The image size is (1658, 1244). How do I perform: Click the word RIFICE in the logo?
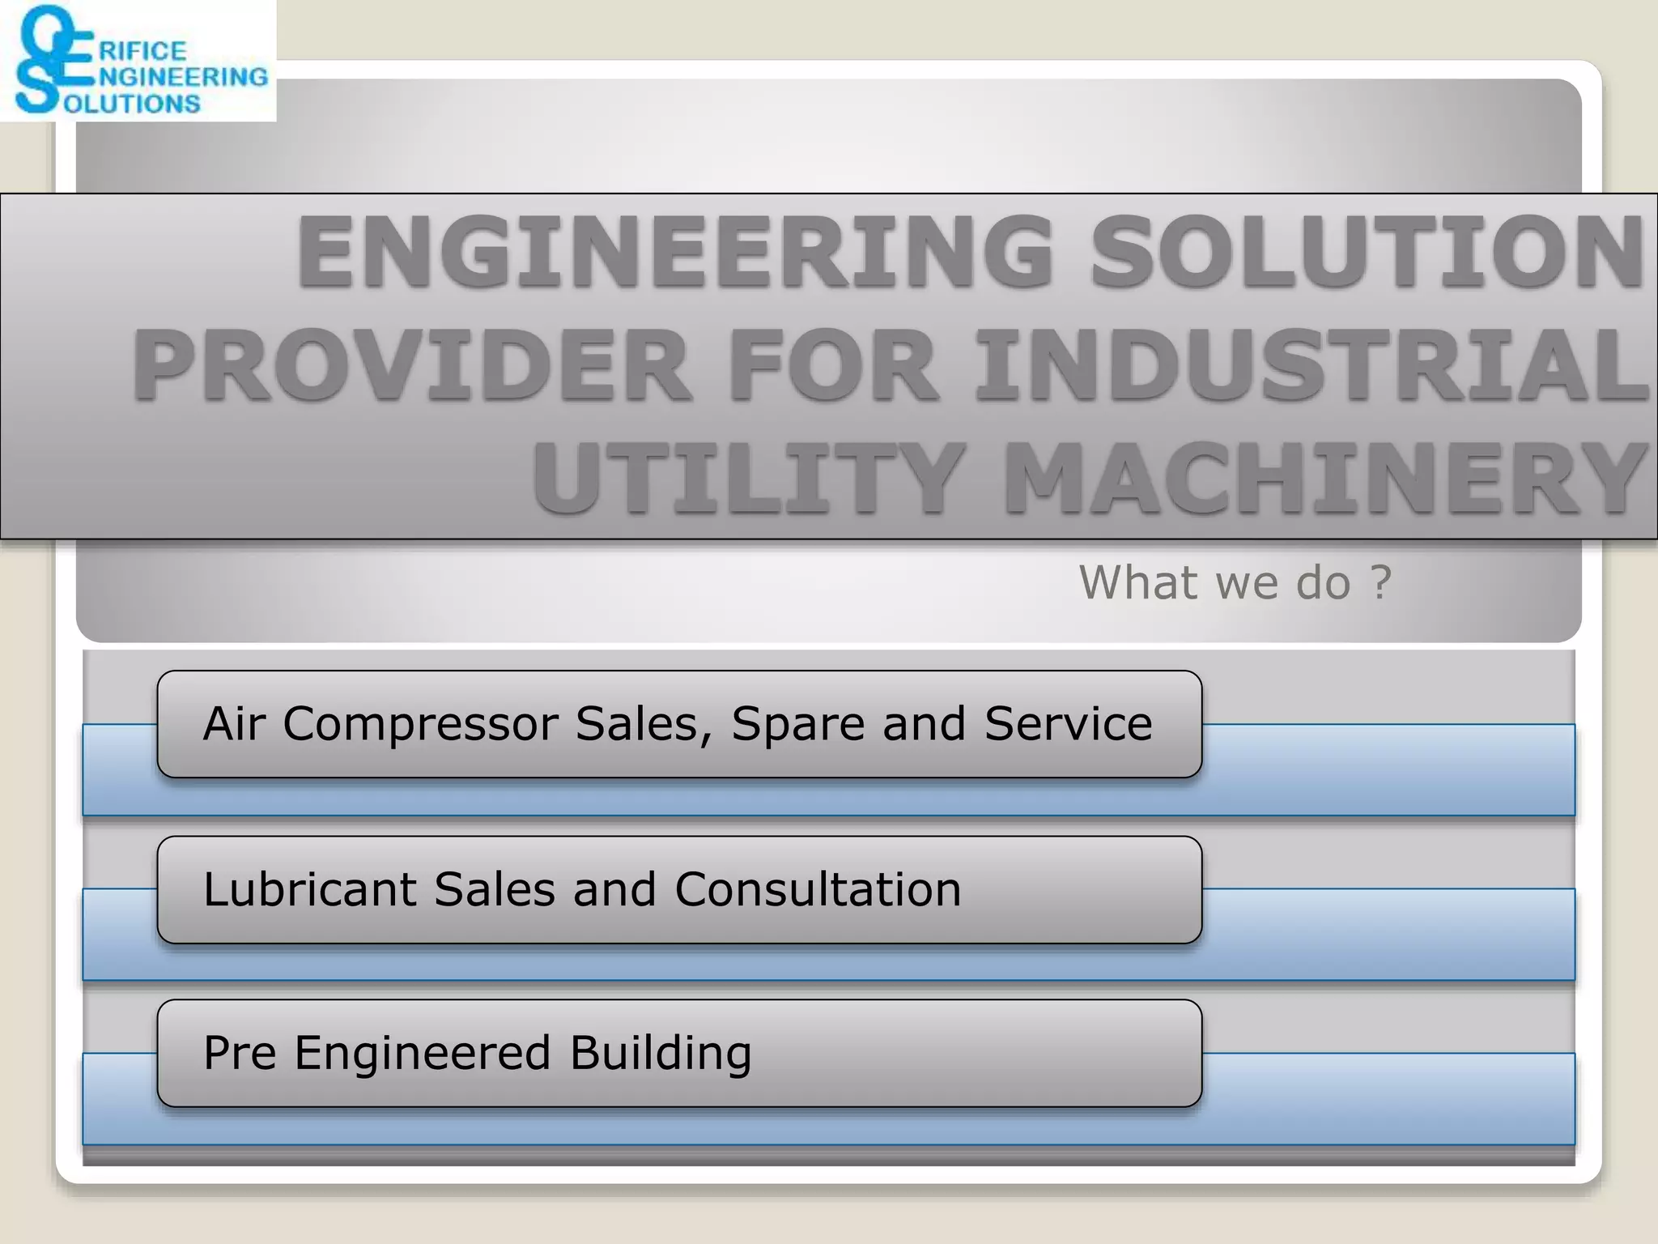[x=142, y=51]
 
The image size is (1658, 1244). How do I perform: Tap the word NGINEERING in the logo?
[x=183, y=77]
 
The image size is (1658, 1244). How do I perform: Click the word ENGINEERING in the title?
[x=675, y=253]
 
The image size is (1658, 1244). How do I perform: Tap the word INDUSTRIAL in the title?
[x=1312, y=366]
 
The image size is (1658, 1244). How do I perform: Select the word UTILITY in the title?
[x=750, y=479]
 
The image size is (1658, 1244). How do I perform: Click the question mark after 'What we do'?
[x=1381, y=582]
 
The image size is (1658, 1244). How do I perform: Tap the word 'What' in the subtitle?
[x=1138, y=582]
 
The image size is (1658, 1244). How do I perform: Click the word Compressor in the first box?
[x=420, y=723]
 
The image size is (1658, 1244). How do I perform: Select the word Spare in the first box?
[x=798, y=723]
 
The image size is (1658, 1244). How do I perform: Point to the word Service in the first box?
[x=1068, y=723]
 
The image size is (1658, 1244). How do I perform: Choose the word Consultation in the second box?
[x=818, y=889]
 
